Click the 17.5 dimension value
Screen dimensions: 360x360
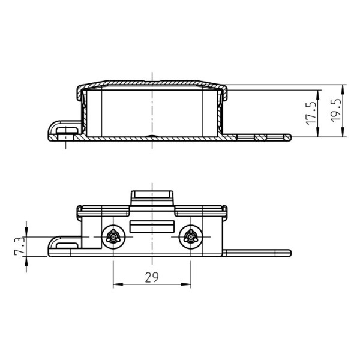tap(311, 112)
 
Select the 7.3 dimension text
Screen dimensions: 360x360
tap(19, 247)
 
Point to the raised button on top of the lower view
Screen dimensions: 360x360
tap(152, 197)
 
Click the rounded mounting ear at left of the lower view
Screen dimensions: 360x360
tap(62, 243)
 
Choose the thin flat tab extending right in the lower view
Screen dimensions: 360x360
tap(258, 253)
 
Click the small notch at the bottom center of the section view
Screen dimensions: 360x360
tap(152, 137)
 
